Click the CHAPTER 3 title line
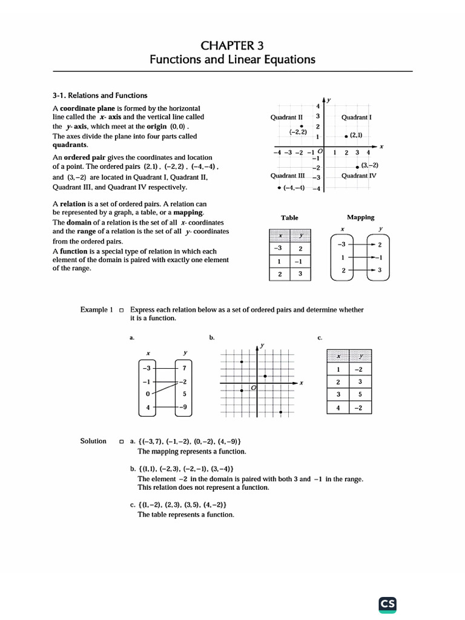[232, 45]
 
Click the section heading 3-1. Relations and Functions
[100, 95]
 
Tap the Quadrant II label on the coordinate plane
[286, 117]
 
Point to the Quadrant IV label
[359, 176]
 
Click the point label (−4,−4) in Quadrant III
[294, 188]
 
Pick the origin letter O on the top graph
[320, 151]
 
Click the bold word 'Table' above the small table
[289, 217]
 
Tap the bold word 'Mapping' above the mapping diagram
[360, 217]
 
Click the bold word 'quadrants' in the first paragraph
[70, 145]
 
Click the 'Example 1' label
[97, 309]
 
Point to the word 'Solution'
[93, 441]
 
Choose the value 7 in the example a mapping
[183, 368]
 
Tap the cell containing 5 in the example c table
[360, 395]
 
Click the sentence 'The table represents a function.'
[185, 515]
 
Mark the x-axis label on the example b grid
[301, 383]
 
